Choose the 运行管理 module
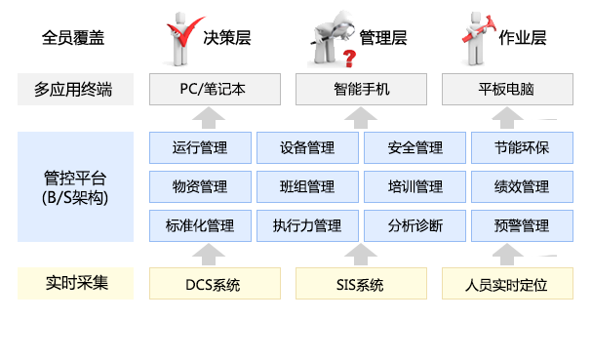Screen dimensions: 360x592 (x=199, y=148)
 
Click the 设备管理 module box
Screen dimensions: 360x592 (x=306, y=148)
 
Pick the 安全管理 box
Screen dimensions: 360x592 (x=414, y=148)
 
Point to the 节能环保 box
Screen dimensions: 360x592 (x=522, y=148)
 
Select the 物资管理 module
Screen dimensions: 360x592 (x=199, y=186)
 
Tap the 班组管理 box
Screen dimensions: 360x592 (x=306, y=186)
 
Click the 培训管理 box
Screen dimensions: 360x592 (x=414, y=186)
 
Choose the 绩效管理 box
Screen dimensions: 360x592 (x=522, y=186)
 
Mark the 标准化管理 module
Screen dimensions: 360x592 (x=199, y=225)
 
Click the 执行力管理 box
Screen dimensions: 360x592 (x=306, y=225)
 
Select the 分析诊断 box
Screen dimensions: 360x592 (x=414, y=225)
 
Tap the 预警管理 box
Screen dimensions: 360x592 (x=522, y=225)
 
